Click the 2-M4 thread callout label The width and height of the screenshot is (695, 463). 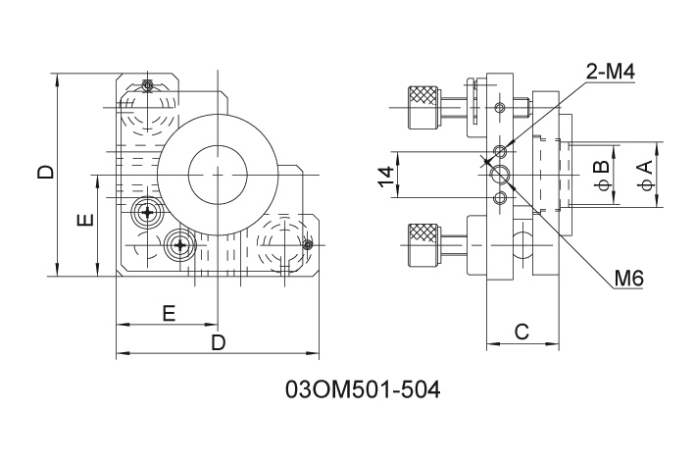(x=610, y=71)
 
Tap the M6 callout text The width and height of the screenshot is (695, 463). (x=628, y=280)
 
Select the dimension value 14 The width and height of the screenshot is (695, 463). (x=386, y=176)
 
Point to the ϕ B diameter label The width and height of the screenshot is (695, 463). (x=600, y=176)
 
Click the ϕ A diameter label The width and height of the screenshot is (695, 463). (x=644, y=176)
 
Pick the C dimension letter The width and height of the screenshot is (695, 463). (x=521, y=332)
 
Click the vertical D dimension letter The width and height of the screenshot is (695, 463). (x=45, y=174)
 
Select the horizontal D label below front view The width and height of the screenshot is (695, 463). (x=219, y=341)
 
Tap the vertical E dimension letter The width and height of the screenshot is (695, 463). (x=85, y=220)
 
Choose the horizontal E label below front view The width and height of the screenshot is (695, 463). (x=169, y=313)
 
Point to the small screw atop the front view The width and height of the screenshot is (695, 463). (x=147, y=85)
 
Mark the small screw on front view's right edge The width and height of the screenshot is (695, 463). (x=308, y=244)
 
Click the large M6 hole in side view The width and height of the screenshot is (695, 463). (x=502, y=175)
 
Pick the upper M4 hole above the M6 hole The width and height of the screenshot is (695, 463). (x=502, y=150)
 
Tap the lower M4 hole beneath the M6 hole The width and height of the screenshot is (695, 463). (x=502, y=198)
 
